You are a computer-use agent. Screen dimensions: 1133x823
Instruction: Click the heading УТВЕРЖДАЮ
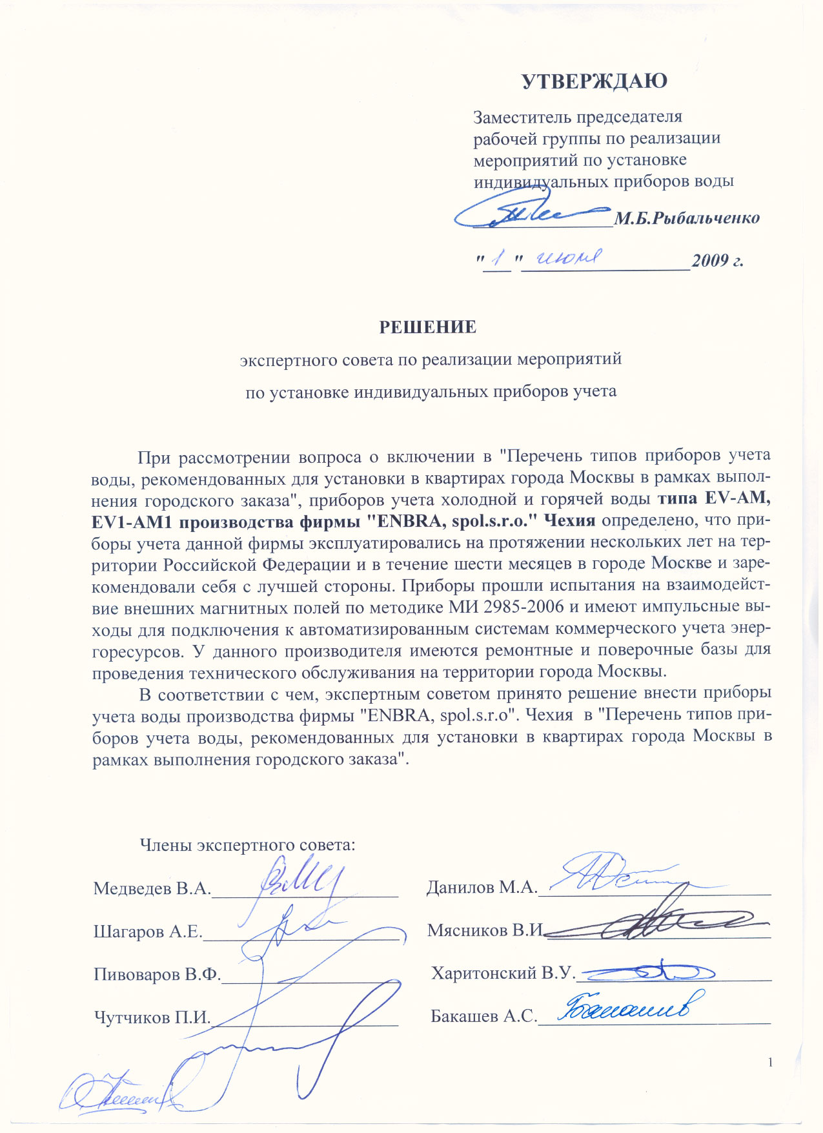[594, 81]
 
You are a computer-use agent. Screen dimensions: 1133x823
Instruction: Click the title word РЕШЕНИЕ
[427, 327]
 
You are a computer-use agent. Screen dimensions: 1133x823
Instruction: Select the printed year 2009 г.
[718, 261]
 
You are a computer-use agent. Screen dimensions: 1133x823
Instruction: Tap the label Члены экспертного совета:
[248, 844]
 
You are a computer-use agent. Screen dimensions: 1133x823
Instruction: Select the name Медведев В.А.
[152, 888]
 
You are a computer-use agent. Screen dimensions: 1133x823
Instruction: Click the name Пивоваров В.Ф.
[157, 974]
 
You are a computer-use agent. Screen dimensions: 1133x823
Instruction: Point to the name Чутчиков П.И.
[152, 1017]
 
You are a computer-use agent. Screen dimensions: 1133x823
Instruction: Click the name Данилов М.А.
[482, 888]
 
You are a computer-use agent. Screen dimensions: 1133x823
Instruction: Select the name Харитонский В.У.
[503, 974]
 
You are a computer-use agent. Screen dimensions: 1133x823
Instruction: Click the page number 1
[770, 1063]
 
